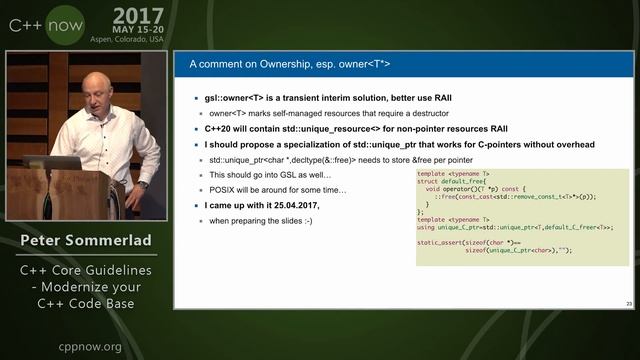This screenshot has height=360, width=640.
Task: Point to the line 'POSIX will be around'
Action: pos(277,190)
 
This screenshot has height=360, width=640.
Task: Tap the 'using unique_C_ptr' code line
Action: pos(500,228)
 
